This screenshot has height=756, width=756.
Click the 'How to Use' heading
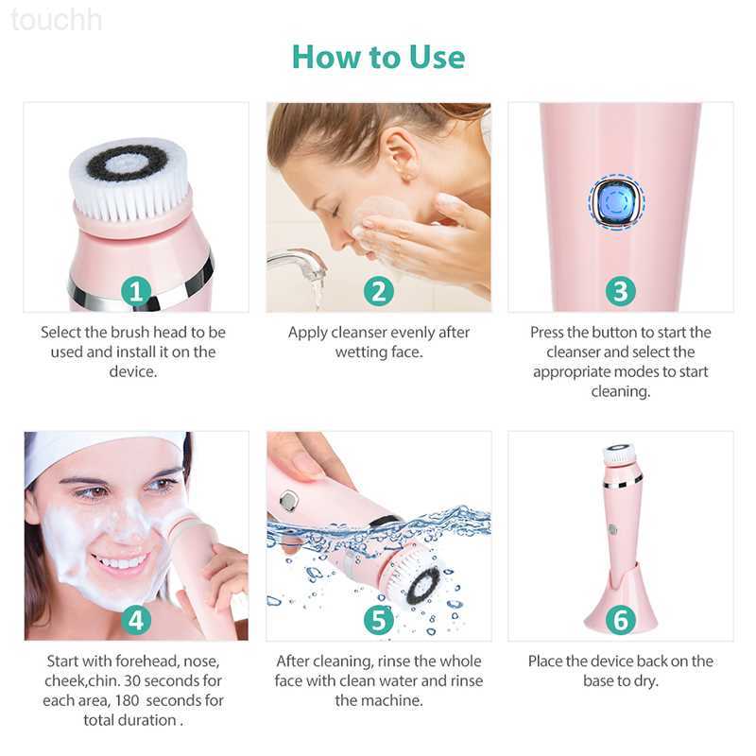click(379, 57)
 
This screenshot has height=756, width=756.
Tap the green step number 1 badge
click(136, 291)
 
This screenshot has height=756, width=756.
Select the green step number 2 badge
click(379, 291)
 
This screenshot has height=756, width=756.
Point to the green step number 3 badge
click(621, 291)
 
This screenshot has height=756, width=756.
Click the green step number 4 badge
click(136, 620)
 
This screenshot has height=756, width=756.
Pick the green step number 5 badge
click(379, 620)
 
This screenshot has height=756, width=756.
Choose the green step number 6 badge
click(621, 620)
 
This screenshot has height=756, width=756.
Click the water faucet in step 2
click(297, 263)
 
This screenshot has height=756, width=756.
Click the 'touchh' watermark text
click(56, 20)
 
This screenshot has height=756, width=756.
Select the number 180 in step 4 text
click(128, 700)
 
